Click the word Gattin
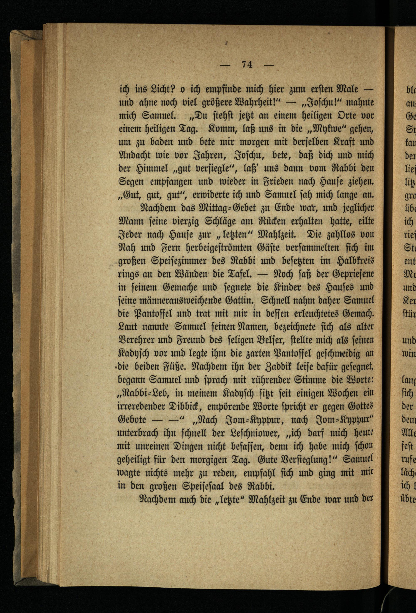point(238,300)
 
